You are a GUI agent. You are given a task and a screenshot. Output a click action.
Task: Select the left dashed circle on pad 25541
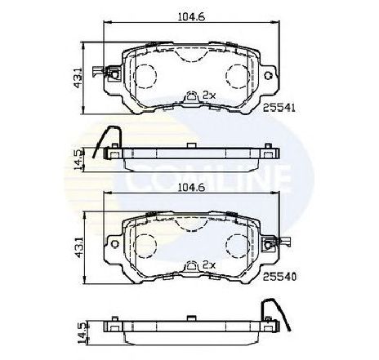coord(145,76)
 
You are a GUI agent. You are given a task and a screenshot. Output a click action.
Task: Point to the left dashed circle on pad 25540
coord(145,245)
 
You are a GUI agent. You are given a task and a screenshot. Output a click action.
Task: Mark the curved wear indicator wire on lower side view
coord(273,310)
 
